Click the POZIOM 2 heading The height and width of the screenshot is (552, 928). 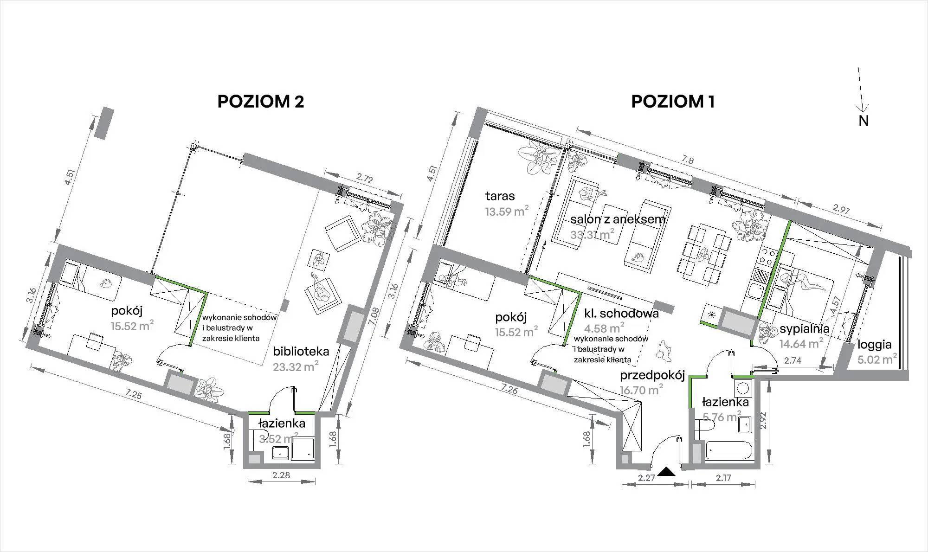click(x=261, y=102)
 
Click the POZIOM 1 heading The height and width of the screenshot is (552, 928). click(x=673, y=102)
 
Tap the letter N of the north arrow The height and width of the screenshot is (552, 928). click(x=864, y=121)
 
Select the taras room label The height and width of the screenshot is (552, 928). click(x=500, y=196)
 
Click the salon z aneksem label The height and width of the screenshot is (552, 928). click(x=618, y=219)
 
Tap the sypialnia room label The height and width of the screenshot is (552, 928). click(x=805, y=329)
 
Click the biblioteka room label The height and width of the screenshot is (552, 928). click(x=301, y=351)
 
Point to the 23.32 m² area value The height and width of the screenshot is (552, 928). click(x=296, y=367)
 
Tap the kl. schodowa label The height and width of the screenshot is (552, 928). click(x=621, y=313)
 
